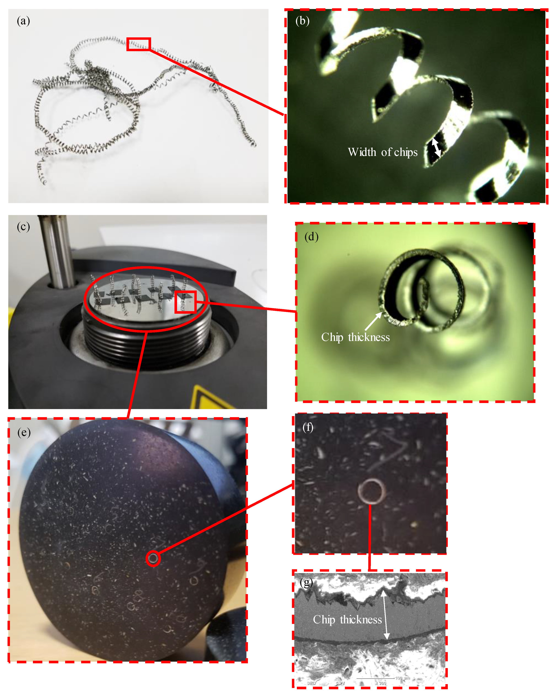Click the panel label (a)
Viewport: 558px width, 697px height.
tap(23, 21)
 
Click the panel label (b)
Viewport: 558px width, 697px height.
tap(302, 21)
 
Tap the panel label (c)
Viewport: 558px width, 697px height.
tap(23, 227)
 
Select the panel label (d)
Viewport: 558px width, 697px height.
tap(311, 237)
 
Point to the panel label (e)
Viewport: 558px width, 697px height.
tap(24, 432)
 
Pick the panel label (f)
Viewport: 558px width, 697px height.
tap(308, 427)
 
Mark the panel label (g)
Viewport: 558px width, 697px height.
tap(306, 583)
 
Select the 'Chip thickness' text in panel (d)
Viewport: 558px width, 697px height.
tap(355, 337)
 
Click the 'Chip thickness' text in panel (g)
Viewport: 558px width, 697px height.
tap(347, 619)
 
